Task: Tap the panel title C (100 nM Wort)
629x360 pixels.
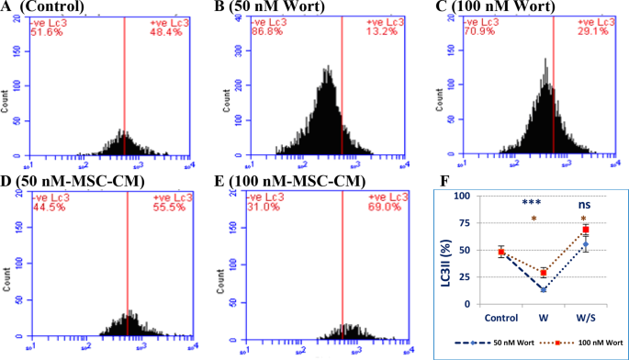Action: (x=479, y=8)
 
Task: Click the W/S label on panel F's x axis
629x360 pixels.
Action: (x=585, y=319)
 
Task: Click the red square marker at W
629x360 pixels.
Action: (x=544, y=273)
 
